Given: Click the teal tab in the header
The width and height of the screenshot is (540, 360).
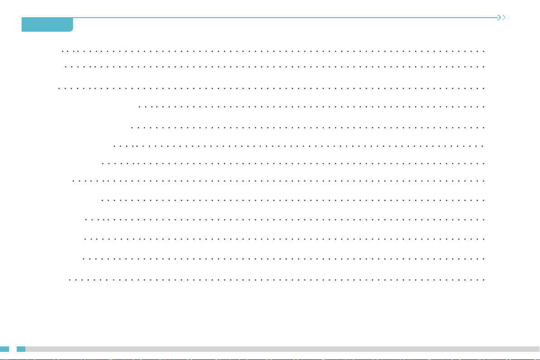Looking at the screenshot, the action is pos(47,24).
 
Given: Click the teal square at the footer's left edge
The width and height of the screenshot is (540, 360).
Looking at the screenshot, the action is pos(5,349).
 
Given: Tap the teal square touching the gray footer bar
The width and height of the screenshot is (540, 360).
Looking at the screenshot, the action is pos(21,349).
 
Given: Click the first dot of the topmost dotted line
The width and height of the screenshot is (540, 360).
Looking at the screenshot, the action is pos(62,51).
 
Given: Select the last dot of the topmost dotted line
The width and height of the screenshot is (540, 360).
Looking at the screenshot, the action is pos(484,51).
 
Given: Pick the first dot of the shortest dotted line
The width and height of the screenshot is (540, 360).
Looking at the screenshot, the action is pos(139,107).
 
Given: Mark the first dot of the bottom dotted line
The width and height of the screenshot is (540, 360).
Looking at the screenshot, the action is pos(69,280).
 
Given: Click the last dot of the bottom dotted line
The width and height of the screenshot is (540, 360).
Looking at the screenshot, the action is pos(484,280).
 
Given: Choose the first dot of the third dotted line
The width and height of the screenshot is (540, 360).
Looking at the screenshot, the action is pos(59,88).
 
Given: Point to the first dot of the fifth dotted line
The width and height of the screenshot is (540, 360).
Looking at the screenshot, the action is pos(131,128).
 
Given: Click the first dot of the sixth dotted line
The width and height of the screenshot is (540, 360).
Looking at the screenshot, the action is pos(114,147).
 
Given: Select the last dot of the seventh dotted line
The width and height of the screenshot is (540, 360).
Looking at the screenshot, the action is pos(484,162).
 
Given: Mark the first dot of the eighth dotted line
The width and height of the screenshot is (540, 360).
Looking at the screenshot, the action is pos(73,180).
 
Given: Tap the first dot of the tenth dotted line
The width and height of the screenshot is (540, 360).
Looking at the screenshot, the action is pos(86,219).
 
